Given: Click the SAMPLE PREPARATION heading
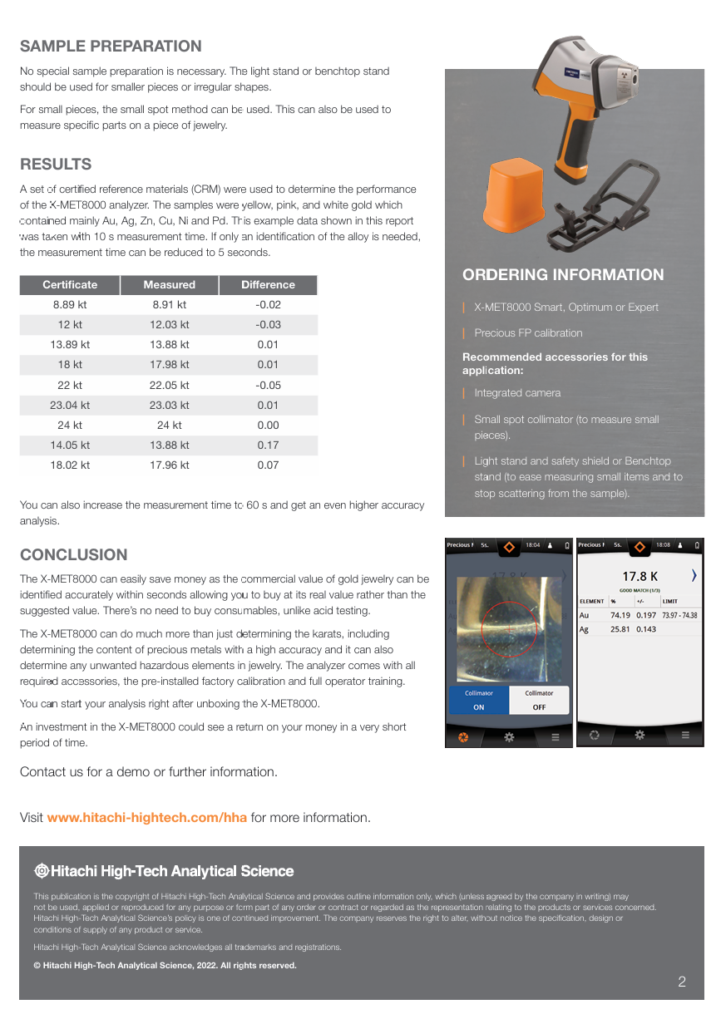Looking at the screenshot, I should click(x=111, y=47).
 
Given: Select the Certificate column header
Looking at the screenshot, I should click(x=70, y=285).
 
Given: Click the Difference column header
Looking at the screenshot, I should click(x=268, y=285).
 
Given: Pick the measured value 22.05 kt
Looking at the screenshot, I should click(x=169, y=386).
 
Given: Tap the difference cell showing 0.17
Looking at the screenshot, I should click(x=268, y=445).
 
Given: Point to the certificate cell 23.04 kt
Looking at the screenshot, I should click(x=70, y=406).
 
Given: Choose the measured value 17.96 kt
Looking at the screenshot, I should click(x=169, y=465).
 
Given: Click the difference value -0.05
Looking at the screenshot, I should click(x=268, y=386).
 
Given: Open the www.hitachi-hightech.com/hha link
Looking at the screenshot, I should click(x=147, y=818).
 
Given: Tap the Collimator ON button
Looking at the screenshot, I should click(x=478, y=700).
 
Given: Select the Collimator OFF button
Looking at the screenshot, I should click(x=539, y=700).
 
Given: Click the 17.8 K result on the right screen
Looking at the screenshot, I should click(x=640, y=576).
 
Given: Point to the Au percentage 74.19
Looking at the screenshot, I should click(x=620, y=615).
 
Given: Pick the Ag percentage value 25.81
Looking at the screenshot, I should click(x=620, y=629).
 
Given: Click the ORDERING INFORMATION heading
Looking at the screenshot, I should click(x=563, y=275).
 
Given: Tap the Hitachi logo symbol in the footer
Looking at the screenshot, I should click(x=41, y=871).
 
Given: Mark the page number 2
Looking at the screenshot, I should click(x=682, y=982).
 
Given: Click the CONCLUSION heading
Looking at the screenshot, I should click(x=74, y=555).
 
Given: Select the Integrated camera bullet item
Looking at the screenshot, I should click(x=517, y=393).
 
